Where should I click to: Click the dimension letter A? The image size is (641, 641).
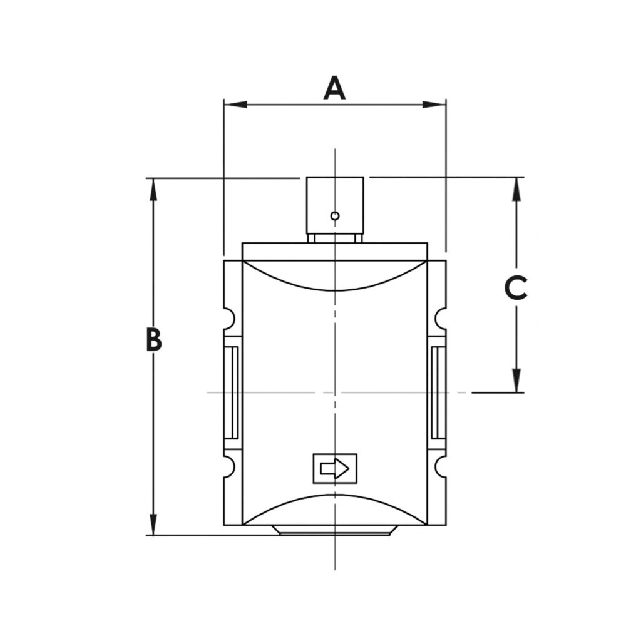click(334, 88)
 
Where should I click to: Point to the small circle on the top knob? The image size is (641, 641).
click(335, 216)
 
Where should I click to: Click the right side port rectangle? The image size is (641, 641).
click(437, 392)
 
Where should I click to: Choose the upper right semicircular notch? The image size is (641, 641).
click(441, 318)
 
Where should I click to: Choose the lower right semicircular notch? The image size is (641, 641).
click(441, 466)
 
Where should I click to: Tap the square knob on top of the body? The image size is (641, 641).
click(335, 205)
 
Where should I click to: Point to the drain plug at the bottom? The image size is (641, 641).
click(335, 530)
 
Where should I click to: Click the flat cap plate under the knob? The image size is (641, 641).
click(335, 251)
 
